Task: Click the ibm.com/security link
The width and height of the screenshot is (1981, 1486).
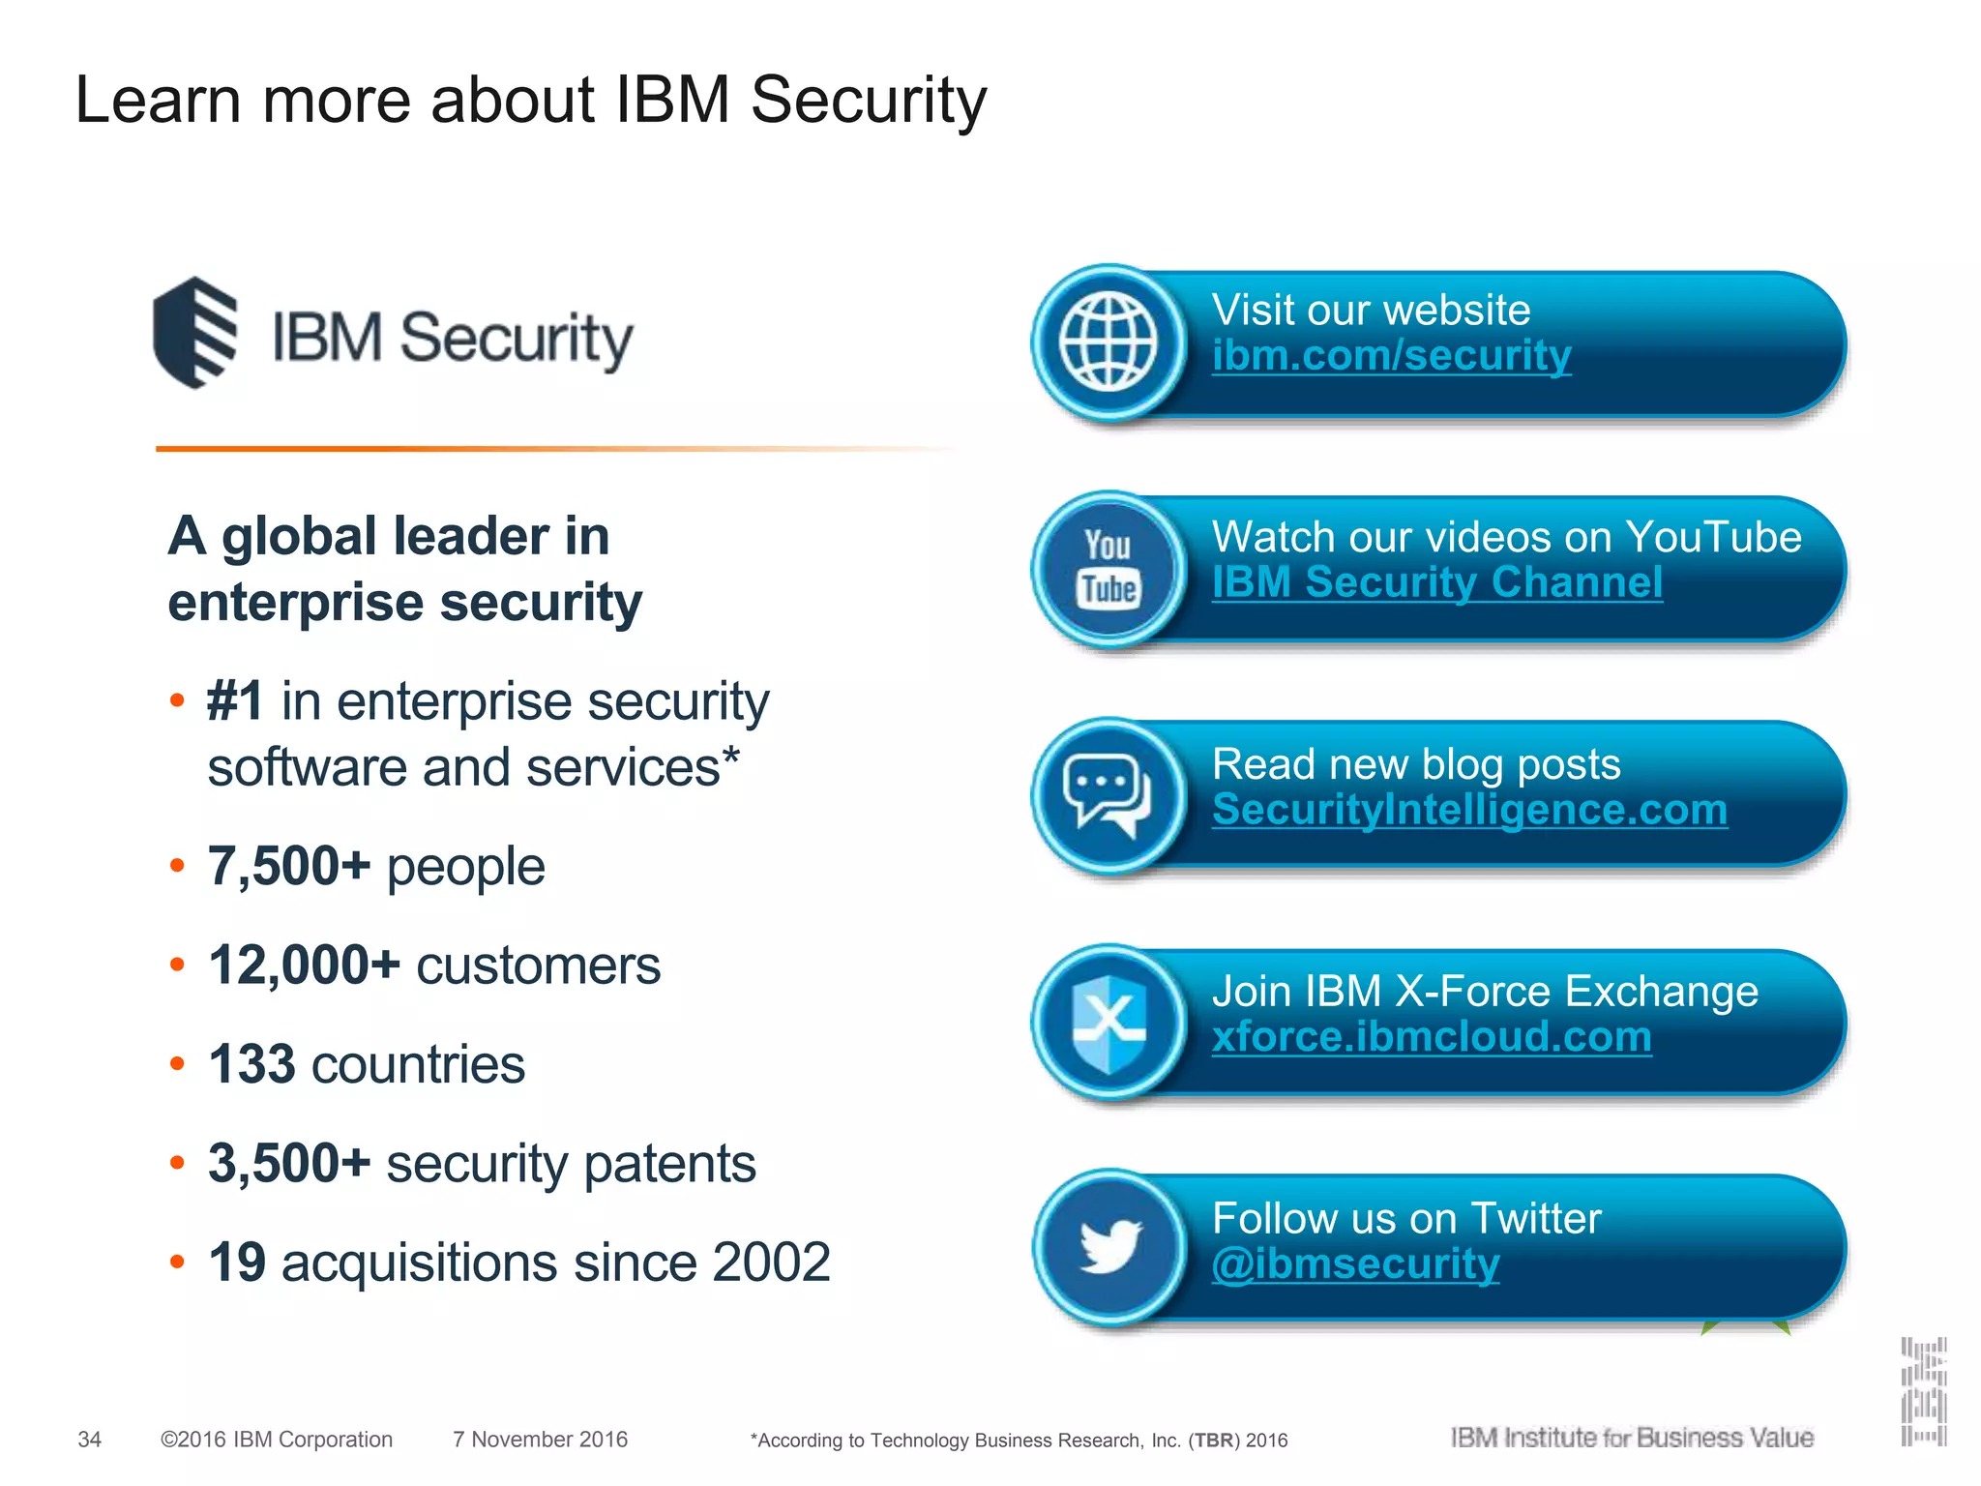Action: tap(1391, 356)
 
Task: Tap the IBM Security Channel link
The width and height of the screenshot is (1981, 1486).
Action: tap(1437, 582)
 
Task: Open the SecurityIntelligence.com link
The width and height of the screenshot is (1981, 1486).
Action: tap(1469, 810)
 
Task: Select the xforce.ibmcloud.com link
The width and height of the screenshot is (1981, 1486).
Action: tap(1432, 1037)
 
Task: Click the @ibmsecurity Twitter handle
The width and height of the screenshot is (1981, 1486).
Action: tap(1355, 1263)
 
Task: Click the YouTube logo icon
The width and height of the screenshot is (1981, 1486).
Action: tap(1109, 569)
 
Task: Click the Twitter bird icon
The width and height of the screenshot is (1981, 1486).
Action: tap(1110, 1248)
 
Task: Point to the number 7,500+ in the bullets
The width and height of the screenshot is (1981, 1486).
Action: tap(289, 866)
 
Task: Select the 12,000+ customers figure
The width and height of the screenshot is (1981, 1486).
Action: tap(304, 966)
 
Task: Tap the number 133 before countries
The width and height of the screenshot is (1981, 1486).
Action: tap(251, 1064)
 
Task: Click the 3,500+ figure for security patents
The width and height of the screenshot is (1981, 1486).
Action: tap(289, 1163)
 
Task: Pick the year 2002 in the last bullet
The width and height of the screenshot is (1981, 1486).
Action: tap(771, 1263)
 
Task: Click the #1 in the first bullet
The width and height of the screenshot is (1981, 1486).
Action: tap(235, 700)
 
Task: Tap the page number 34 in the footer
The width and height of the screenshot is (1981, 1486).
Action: tap(89, 1440)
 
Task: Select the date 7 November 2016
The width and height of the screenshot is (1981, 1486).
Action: tap(540, 1440)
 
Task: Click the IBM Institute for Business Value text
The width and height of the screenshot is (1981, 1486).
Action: tap(1632, 1438)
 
